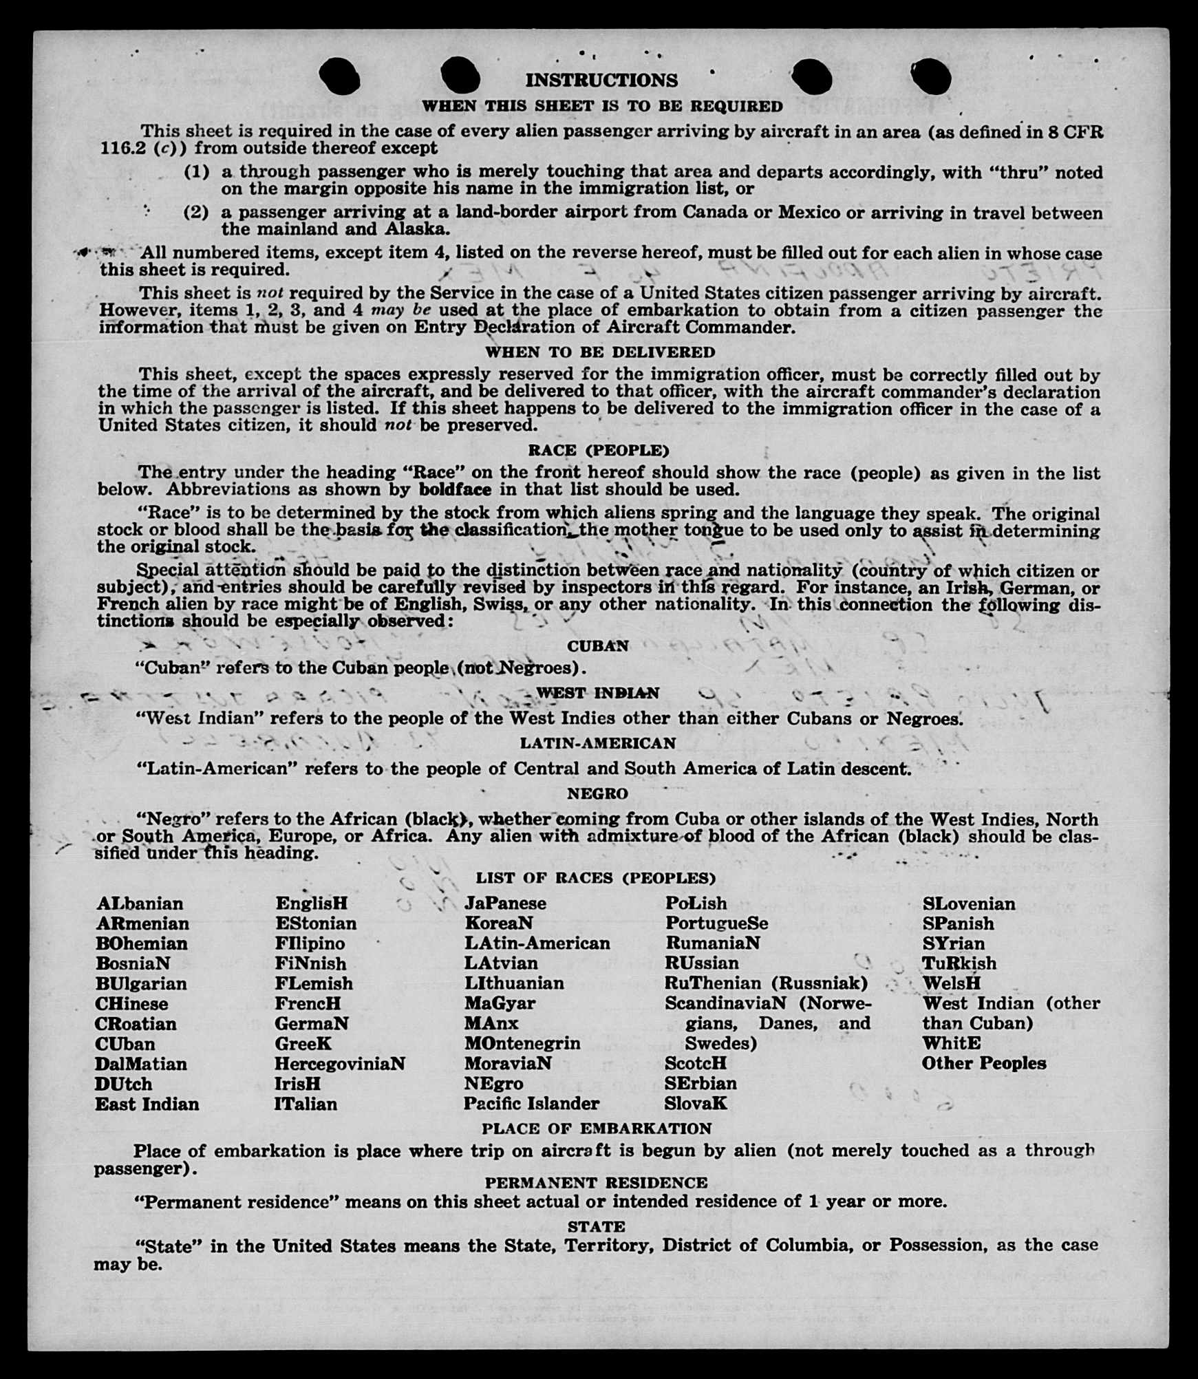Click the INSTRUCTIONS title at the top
(601, 81)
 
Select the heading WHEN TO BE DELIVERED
(600, 352)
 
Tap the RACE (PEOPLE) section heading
(598, 451)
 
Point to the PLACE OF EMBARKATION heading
(597, 1129)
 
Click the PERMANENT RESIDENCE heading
(596, 1183)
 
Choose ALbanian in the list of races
(140, 904)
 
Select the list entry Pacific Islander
(531, 1104)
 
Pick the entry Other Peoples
(983, 1063)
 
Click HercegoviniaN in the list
(339, 1064)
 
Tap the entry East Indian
(147, 1104)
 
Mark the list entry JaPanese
(505, 904)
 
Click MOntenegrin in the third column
(522, 1043)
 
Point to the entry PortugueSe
(716, 923)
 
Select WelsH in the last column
(952, 983)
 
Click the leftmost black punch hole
(339, 76)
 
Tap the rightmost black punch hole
(930, 76)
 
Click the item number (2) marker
(195, 212)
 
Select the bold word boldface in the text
(455, 490)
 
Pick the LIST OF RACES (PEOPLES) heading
(595, 879)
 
